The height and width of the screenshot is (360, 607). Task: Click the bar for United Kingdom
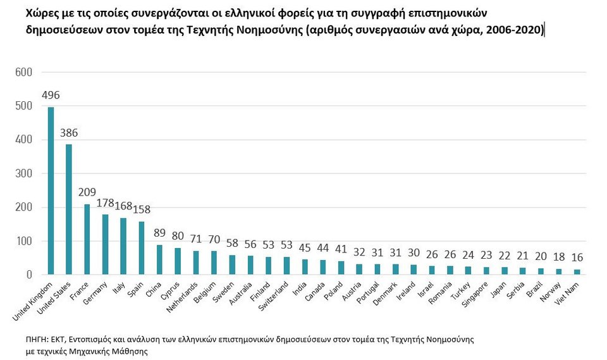click(x=51, y=190)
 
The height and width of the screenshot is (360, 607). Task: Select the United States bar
click(x=69, y=209)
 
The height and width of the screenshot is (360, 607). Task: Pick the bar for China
click(x=159, y=259)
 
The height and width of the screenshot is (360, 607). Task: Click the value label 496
click(x=51, y=95)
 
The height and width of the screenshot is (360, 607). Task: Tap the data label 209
click(x=88, y=192)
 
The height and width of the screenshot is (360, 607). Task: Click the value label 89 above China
click(x=159, y=233)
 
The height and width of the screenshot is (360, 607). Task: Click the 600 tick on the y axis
click(x=24, y=72)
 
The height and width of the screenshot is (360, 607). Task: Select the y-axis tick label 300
click(x=24, y=173)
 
